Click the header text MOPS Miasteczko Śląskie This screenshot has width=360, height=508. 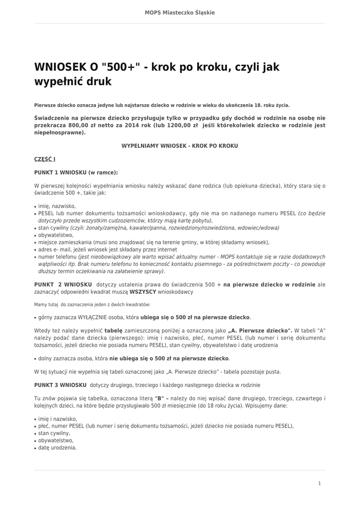point(180,12)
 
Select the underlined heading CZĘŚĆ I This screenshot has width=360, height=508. point(45,159)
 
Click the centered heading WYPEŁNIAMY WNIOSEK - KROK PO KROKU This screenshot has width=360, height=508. point(180,146)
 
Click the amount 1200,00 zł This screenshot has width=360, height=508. point(174,126)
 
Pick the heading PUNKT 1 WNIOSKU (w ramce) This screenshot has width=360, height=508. point(76,173)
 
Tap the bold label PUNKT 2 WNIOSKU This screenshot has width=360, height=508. point(63,285)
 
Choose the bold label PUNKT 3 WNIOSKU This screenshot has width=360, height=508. point(61,385)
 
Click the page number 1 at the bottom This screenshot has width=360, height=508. point(320,483)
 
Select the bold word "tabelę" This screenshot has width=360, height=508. point(113,330)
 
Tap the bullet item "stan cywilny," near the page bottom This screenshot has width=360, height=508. point(54,433)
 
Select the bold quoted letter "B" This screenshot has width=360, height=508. point(159,398)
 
